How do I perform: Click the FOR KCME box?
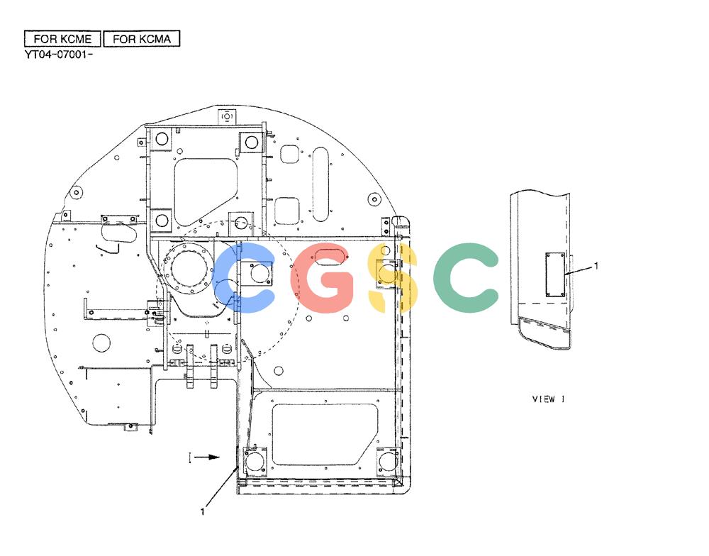pos(62,39)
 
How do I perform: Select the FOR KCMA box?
pos(142,39)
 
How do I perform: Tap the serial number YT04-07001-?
pos(59,55)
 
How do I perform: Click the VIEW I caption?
pos(549,399)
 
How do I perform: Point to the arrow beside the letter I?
pos(208,457)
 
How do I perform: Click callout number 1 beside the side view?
pos(596,266)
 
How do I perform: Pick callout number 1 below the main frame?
pos(203,511)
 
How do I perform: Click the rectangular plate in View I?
pos(555,275)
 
